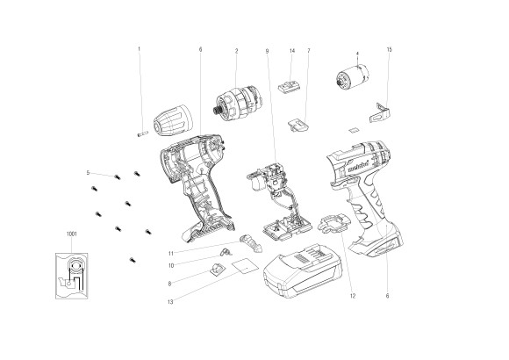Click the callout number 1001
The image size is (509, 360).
coord(72,234)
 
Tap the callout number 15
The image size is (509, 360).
coord(389,50)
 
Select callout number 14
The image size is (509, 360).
coord(290,50)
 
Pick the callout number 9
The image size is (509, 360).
coord(266,50)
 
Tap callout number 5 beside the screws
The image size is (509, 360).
coord(89,173)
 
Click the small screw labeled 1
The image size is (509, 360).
coord(140,133)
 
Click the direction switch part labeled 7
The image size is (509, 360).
coord(298,122)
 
